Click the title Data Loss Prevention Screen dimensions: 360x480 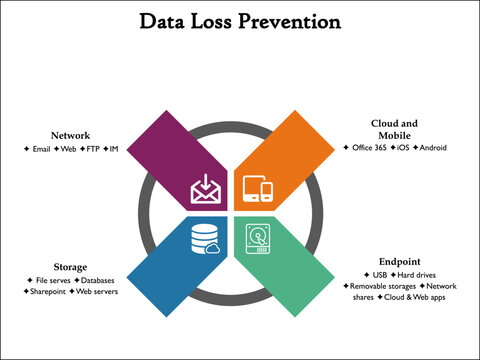coord(239,20)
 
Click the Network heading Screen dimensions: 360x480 coord(71,135)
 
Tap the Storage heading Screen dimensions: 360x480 coord(70,267)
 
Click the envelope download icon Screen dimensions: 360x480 coord(204,187)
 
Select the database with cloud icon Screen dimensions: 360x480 coord(203,240)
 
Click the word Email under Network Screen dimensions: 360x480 coord(41,148)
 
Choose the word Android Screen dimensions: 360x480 coord(433,148)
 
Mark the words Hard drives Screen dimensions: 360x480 coord(416,273)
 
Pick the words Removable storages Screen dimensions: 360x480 coord(382,285)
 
